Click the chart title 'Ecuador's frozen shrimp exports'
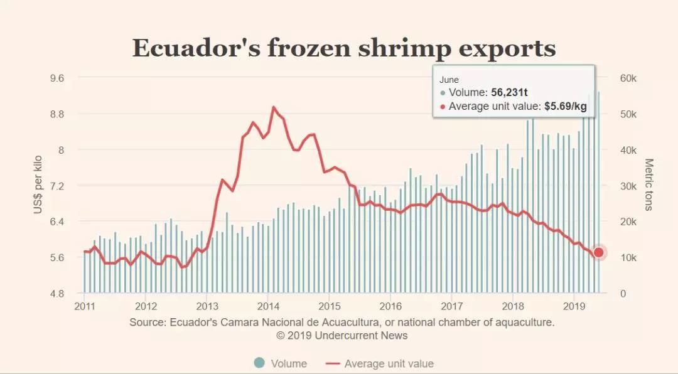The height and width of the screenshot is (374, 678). (344, 49)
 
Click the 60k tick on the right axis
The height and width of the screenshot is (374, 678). (628, 78)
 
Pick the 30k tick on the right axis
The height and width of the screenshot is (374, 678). (628, 186)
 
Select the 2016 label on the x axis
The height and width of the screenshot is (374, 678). (390, 307)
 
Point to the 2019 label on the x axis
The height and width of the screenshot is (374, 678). (574, 307)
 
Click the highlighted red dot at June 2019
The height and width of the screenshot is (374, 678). (598, 252)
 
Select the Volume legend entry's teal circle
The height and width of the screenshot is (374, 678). (259, 363)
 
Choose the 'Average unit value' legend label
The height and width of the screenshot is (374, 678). (389, 363)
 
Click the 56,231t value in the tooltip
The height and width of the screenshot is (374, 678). (509, 92)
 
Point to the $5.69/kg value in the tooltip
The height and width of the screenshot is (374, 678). (565, 106)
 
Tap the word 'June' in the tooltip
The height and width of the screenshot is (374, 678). (449, 80)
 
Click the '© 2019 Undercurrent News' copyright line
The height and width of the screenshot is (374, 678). (342, 336)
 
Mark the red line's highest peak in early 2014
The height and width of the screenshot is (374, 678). (273, 107)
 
